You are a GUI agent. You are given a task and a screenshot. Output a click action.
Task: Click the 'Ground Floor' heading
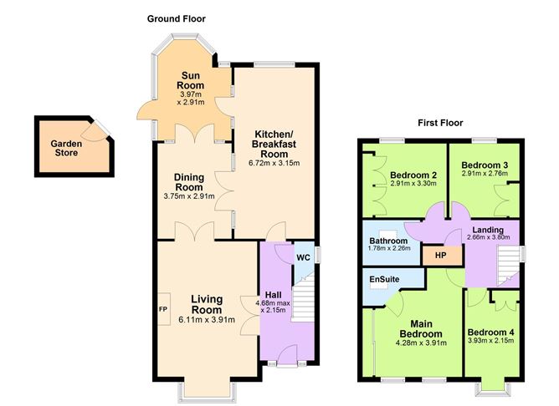(x=176, y=18)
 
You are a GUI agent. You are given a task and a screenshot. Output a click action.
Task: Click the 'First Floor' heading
(x=441, y=123)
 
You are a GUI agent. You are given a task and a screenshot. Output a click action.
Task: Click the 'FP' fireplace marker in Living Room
(x=163, y=309)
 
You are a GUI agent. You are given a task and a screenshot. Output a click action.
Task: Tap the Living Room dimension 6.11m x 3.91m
(x=205, y=318)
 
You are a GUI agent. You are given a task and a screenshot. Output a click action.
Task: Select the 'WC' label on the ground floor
(x=303, y=257)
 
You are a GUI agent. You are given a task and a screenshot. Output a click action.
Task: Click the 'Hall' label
(x=274, y=295)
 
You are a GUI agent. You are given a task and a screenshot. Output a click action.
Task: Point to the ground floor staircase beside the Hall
(x=307, y=305)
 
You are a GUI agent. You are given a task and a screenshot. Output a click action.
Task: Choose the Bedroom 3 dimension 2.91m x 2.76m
(x=485, y=174)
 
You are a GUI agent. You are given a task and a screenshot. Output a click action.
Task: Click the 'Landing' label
(x=486, y=230)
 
